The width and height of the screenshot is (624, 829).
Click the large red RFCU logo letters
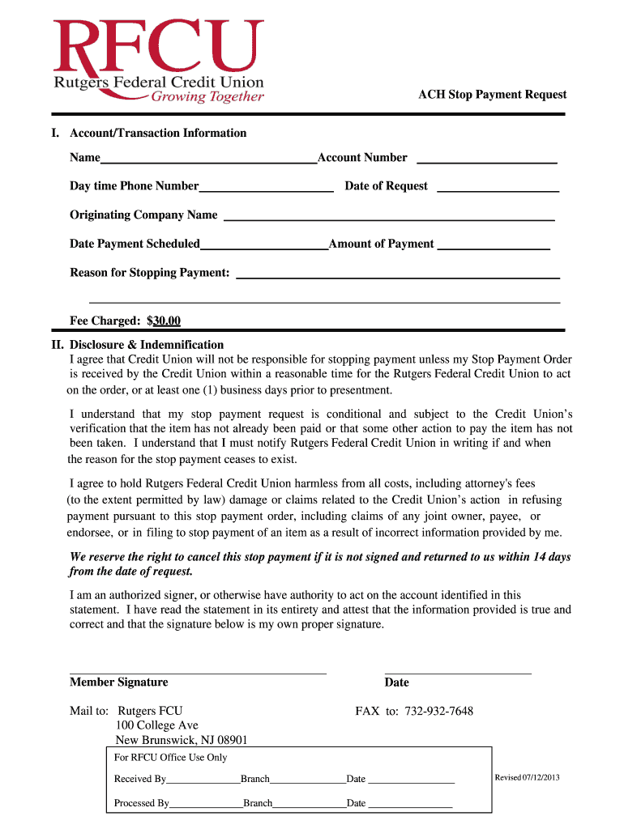(x=158, y=47)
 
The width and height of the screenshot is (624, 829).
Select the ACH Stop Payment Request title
(x=492, y=95)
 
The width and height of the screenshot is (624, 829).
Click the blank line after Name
(x=208, y=159)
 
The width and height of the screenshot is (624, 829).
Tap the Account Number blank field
(x=486, y=159)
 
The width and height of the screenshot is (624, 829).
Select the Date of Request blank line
(x=498, y=188)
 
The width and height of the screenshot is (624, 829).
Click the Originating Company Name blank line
(x=388, y=217)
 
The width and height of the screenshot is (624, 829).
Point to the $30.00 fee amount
(x=164, y=321)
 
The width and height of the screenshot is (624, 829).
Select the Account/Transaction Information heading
(x=158, y=133)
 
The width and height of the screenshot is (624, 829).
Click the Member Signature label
(x=119, y=682)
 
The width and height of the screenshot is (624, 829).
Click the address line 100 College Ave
(x=157, y=725)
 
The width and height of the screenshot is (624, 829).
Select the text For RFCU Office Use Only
(x=170, y=758)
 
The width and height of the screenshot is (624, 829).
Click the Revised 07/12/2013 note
(x=527, y=777)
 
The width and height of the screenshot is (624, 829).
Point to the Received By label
(x=140, y=779)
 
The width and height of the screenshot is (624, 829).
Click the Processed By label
(x=142, y=803)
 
